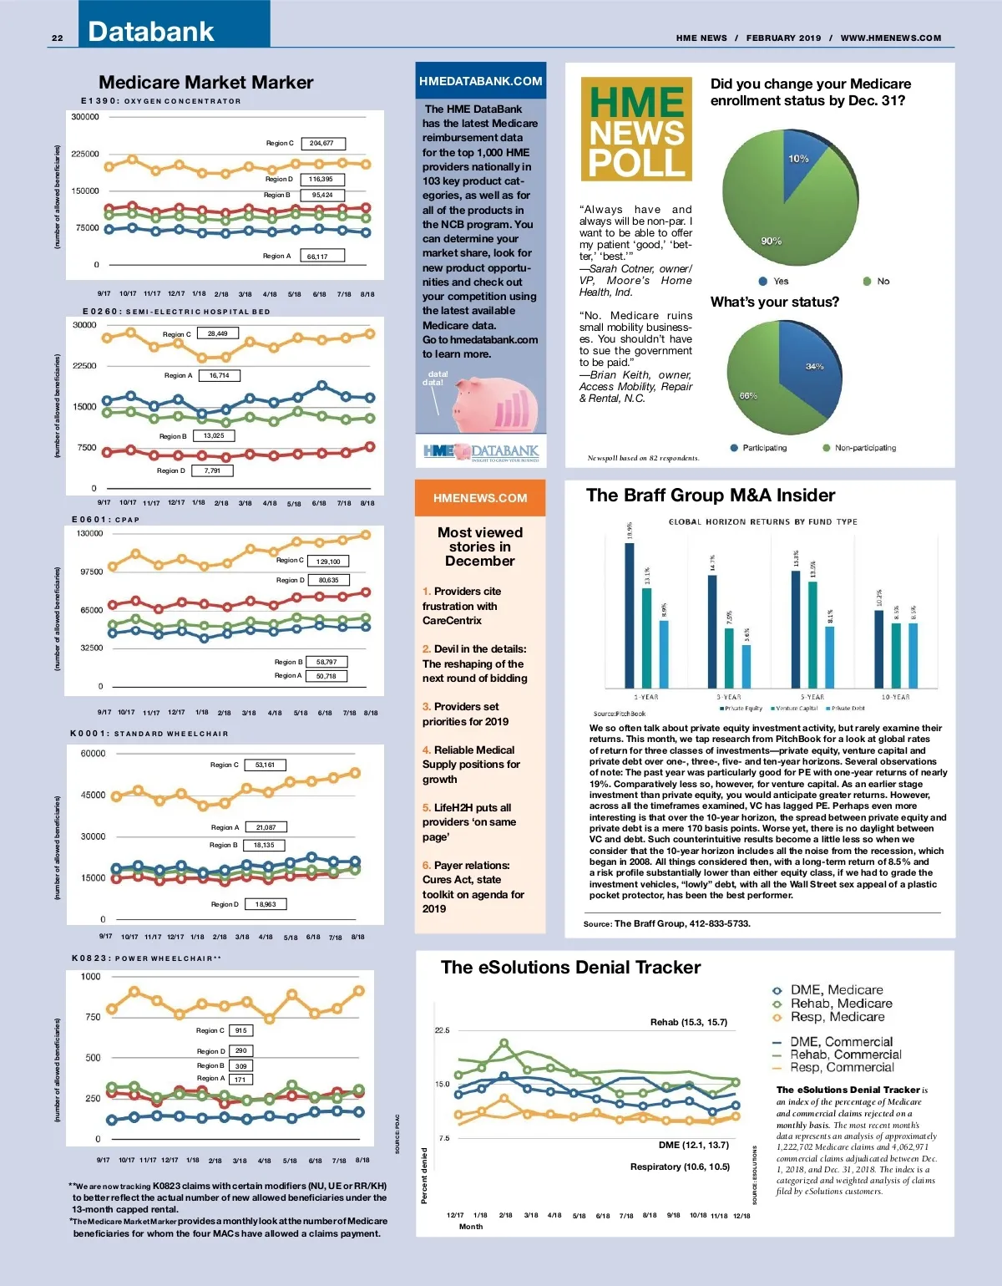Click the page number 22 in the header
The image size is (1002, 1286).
tap(58, 38)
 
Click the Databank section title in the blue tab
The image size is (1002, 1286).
tap(151, 32)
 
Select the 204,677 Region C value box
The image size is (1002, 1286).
tap(321, 144)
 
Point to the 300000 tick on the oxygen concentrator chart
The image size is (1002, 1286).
tap(85, 117)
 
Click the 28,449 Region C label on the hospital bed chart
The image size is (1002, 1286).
tap(217, 333)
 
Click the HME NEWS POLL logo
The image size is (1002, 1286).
tap(636, 130)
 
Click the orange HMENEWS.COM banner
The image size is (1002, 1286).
tap(480, 498)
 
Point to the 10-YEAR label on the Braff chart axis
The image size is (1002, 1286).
tap(895, 697)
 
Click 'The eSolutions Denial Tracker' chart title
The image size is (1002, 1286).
tap(570, 968)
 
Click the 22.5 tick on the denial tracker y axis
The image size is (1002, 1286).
tap(442, 1030)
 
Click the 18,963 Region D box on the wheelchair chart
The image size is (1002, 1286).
tap(266, 904)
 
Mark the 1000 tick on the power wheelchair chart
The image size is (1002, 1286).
tap(90, 977)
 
